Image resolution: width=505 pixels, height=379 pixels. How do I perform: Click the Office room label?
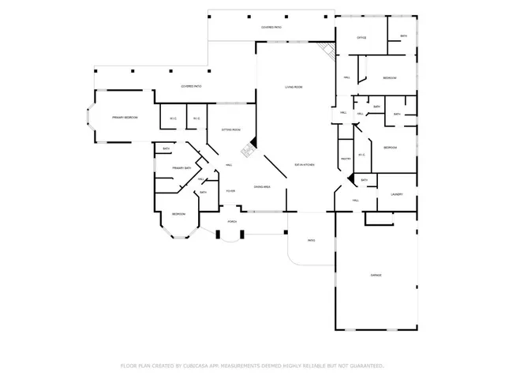point(361,37)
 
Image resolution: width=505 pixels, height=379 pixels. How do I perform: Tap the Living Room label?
point(294,87)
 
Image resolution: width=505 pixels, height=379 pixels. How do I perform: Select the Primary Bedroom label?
point(125,117)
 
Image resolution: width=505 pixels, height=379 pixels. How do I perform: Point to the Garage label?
point(376,275)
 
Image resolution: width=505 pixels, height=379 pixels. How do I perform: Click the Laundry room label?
point(396,195)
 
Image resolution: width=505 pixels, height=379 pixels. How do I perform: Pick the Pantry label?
point(346,159)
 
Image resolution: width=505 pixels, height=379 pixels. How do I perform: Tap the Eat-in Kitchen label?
point(305,165)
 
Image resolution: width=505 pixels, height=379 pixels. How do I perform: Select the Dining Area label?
point(263,186)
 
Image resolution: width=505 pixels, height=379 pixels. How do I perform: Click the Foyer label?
point(231,191)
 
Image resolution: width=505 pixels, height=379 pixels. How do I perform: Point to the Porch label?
point(232,222)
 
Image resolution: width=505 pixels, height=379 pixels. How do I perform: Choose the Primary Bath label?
point(183,168)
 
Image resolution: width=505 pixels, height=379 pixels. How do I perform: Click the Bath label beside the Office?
point(403,36)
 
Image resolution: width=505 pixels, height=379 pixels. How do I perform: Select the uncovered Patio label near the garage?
point(311,242)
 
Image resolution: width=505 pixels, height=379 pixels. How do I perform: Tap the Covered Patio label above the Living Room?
point(271,28)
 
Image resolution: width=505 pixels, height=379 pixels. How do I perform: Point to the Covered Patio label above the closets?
point(191,86)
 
